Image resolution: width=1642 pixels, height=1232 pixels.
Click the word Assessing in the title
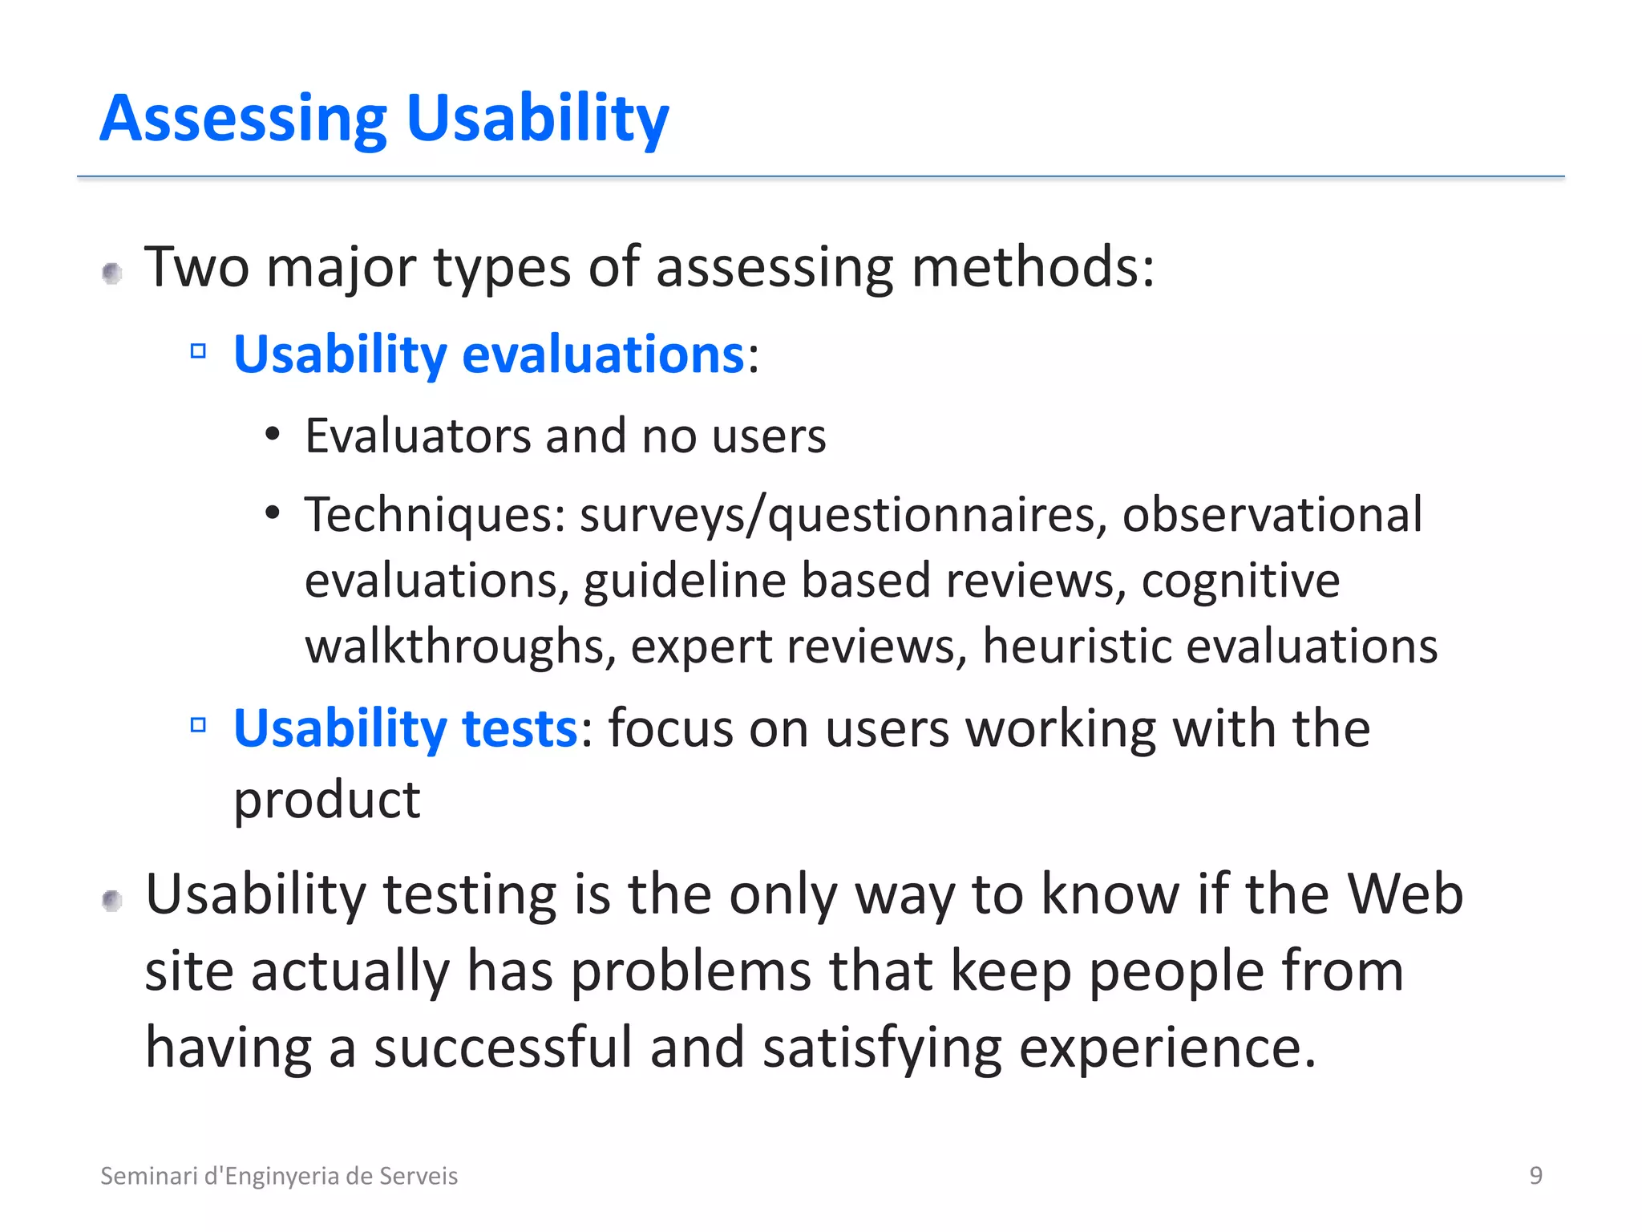click(243, 119)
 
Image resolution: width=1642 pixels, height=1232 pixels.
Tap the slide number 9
click(1535, 1175)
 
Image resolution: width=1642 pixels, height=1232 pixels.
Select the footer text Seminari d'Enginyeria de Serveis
click(278, 1176)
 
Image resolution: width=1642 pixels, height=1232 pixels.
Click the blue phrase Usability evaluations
click(489, 354)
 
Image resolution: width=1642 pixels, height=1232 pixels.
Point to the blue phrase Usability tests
click(405, 728)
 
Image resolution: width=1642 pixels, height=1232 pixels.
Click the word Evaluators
click(417, 436)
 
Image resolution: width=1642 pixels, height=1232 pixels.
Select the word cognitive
click(1240, 581)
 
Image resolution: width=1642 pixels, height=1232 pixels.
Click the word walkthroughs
click(460, 646)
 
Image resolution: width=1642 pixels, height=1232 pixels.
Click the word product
click(326, 800)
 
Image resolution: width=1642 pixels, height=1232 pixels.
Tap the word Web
click(1405, 894)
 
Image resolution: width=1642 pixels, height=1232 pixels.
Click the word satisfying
click(882, 1048)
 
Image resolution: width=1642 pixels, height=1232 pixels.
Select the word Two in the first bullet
click(196, 267)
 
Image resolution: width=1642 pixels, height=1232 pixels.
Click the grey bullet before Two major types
click(112, 274)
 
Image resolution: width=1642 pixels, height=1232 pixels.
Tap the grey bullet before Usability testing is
click(112, 902)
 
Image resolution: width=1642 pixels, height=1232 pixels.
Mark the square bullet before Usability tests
click(198, 726)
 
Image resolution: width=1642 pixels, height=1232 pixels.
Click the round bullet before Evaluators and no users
click(273, 434)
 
